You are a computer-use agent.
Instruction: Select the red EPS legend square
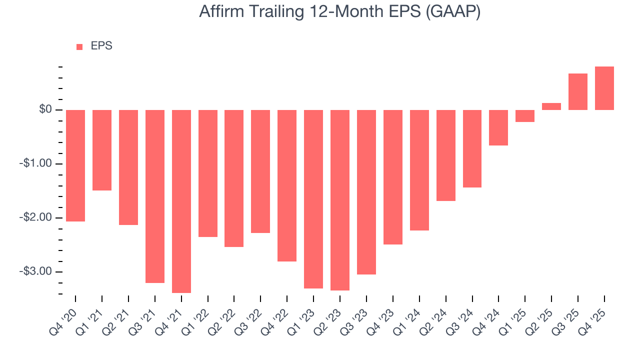click(79, 47)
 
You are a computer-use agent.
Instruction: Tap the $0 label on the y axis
click(45, 109)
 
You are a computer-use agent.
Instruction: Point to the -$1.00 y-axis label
click(35, 164)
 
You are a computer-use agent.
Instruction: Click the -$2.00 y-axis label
click(35, 218)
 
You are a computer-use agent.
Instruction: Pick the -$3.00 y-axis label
click(35, 271)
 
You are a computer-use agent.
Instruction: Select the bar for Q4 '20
click(75, 165)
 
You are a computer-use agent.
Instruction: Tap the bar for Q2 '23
click(340, 200)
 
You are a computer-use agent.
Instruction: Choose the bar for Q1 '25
click(525, 116)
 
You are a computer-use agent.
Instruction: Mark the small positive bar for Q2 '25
click(551, 106)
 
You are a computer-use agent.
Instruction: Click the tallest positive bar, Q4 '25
click(604, 88)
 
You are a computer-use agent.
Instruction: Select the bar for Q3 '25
click(578, 92)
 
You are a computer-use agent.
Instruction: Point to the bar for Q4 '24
click(498, 127)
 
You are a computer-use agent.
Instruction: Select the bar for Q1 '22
click(208, 173)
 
